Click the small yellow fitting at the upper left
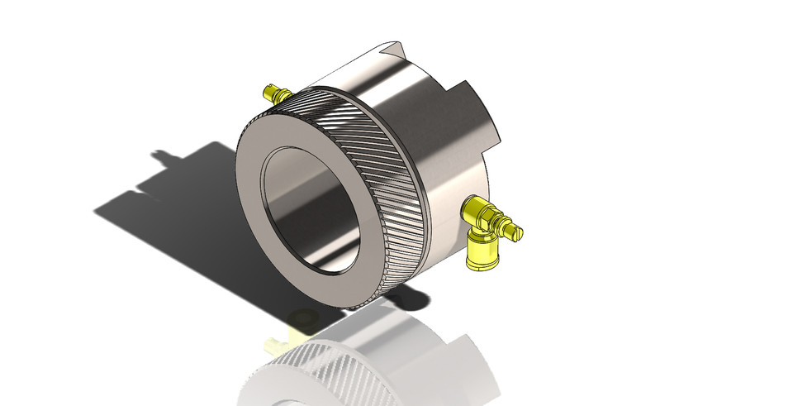click(x=273, y=93)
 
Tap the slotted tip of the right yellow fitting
click(x=516, y=233)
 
